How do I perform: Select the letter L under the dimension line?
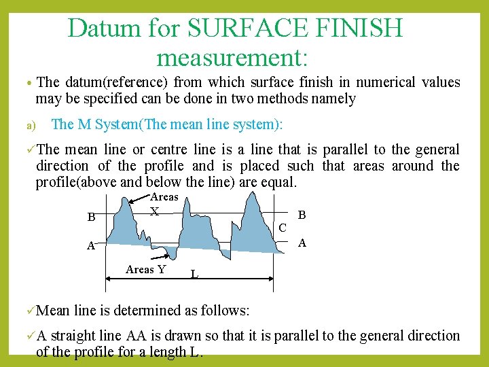[x=194, y=275]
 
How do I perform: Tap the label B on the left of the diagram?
[x=91, y=218]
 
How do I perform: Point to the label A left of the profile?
[x=90, y=246]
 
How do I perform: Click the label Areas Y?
[x=145, y=269]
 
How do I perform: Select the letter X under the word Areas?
[x=155, y=211]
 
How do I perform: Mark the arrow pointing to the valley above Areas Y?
[x=162, y=257]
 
